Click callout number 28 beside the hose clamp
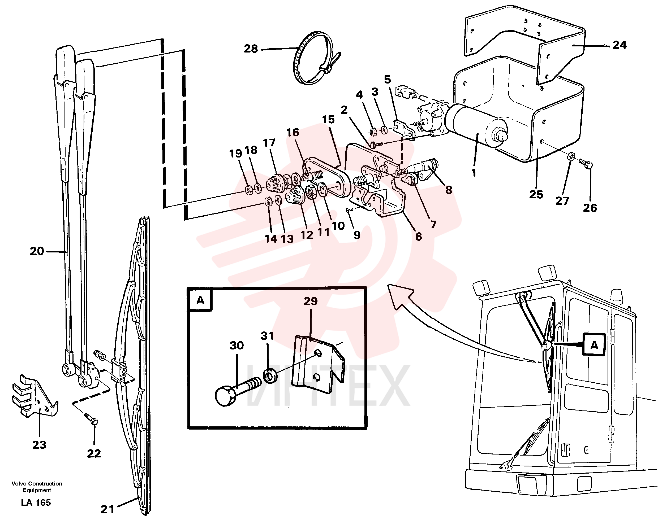point(251,49)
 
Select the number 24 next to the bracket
point(619,45)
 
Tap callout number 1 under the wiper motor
point(474,173)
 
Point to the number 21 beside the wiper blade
point(107,509)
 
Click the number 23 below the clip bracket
point(39,445)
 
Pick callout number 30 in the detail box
point(237,346)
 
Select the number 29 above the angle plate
point(311,301)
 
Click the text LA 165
point(36,502)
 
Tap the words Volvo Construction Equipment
point(37,487)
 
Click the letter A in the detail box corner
point(200,300)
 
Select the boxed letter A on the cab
point(594,346)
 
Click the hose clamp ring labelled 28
point(317,58)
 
